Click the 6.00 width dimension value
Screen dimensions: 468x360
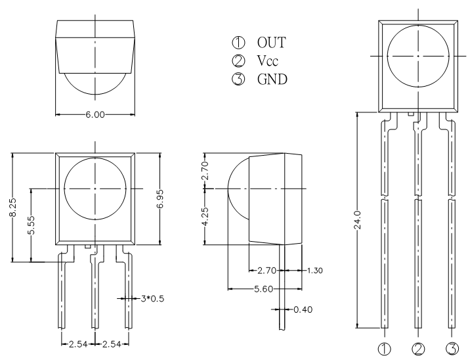(95, 114)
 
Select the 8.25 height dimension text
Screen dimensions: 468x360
(13, 207)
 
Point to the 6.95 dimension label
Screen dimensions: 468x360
(160, 198)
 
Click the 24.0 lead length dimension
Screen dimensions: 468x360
(357, 220)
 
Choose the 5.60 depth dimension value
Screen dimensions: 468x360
(264, 289)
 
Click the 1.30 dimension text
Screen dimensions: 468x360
(315, 271)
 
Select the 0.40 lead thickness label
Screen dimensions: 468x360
(303, 309)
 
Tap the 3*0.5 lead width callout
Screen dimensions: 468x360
(152, 298)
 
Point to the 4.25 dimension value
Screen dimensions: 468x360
(205, 217)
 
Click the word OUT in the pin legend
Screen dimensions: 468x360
(271, 43)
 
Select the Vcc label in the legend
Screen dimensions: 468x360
(268, 60)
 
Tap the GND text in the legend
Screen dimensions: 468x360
(272, 79)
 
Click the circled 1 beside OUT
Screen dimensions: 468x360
(238, 43)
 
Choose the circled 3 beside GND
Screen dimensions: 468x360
(238, 79)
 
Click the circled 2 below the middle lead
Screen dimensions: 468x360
(418, 349)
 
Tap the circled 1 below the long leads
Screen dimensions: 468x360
(384, 349)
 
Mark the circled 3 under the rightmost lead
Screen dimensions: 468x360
(452, 349)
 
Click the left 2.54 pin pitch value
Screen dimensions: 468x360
(78, 344)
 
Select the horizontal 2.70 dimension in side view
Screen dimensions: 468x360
(267, 271)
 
